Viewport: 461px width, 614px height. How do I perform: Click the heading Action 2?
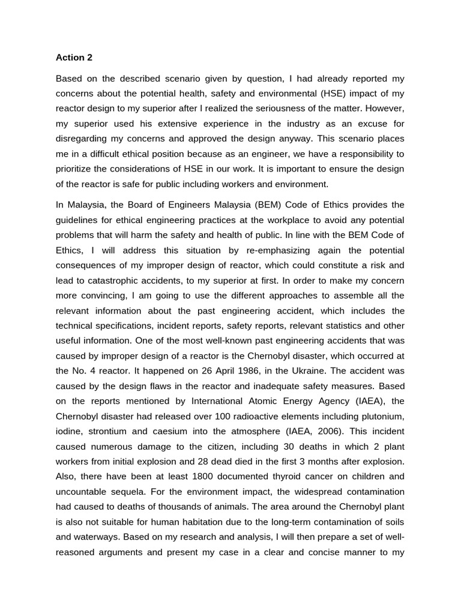[x=74, y=58]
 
